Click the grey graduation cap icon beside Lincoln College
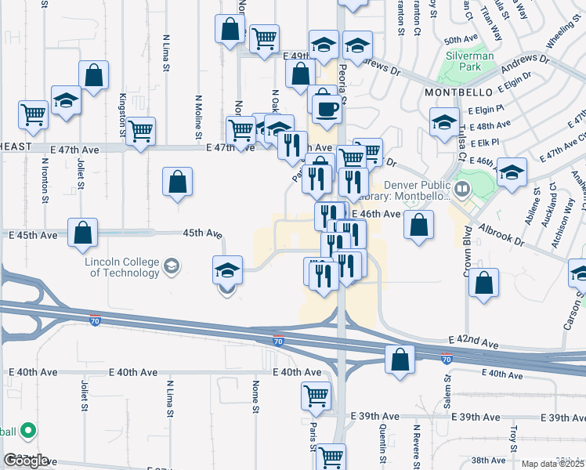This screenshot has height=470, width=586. (x=170, y=269)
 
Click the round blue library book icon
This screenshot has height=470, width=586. (x=462, y=189)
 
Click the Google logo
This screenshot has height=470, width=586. (x=27, y=461)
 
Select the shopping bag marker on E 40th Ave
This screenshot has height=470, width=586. (x=400, y=360)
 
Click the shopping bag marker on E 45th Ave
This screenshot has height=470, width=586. (x=82, y=233)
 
